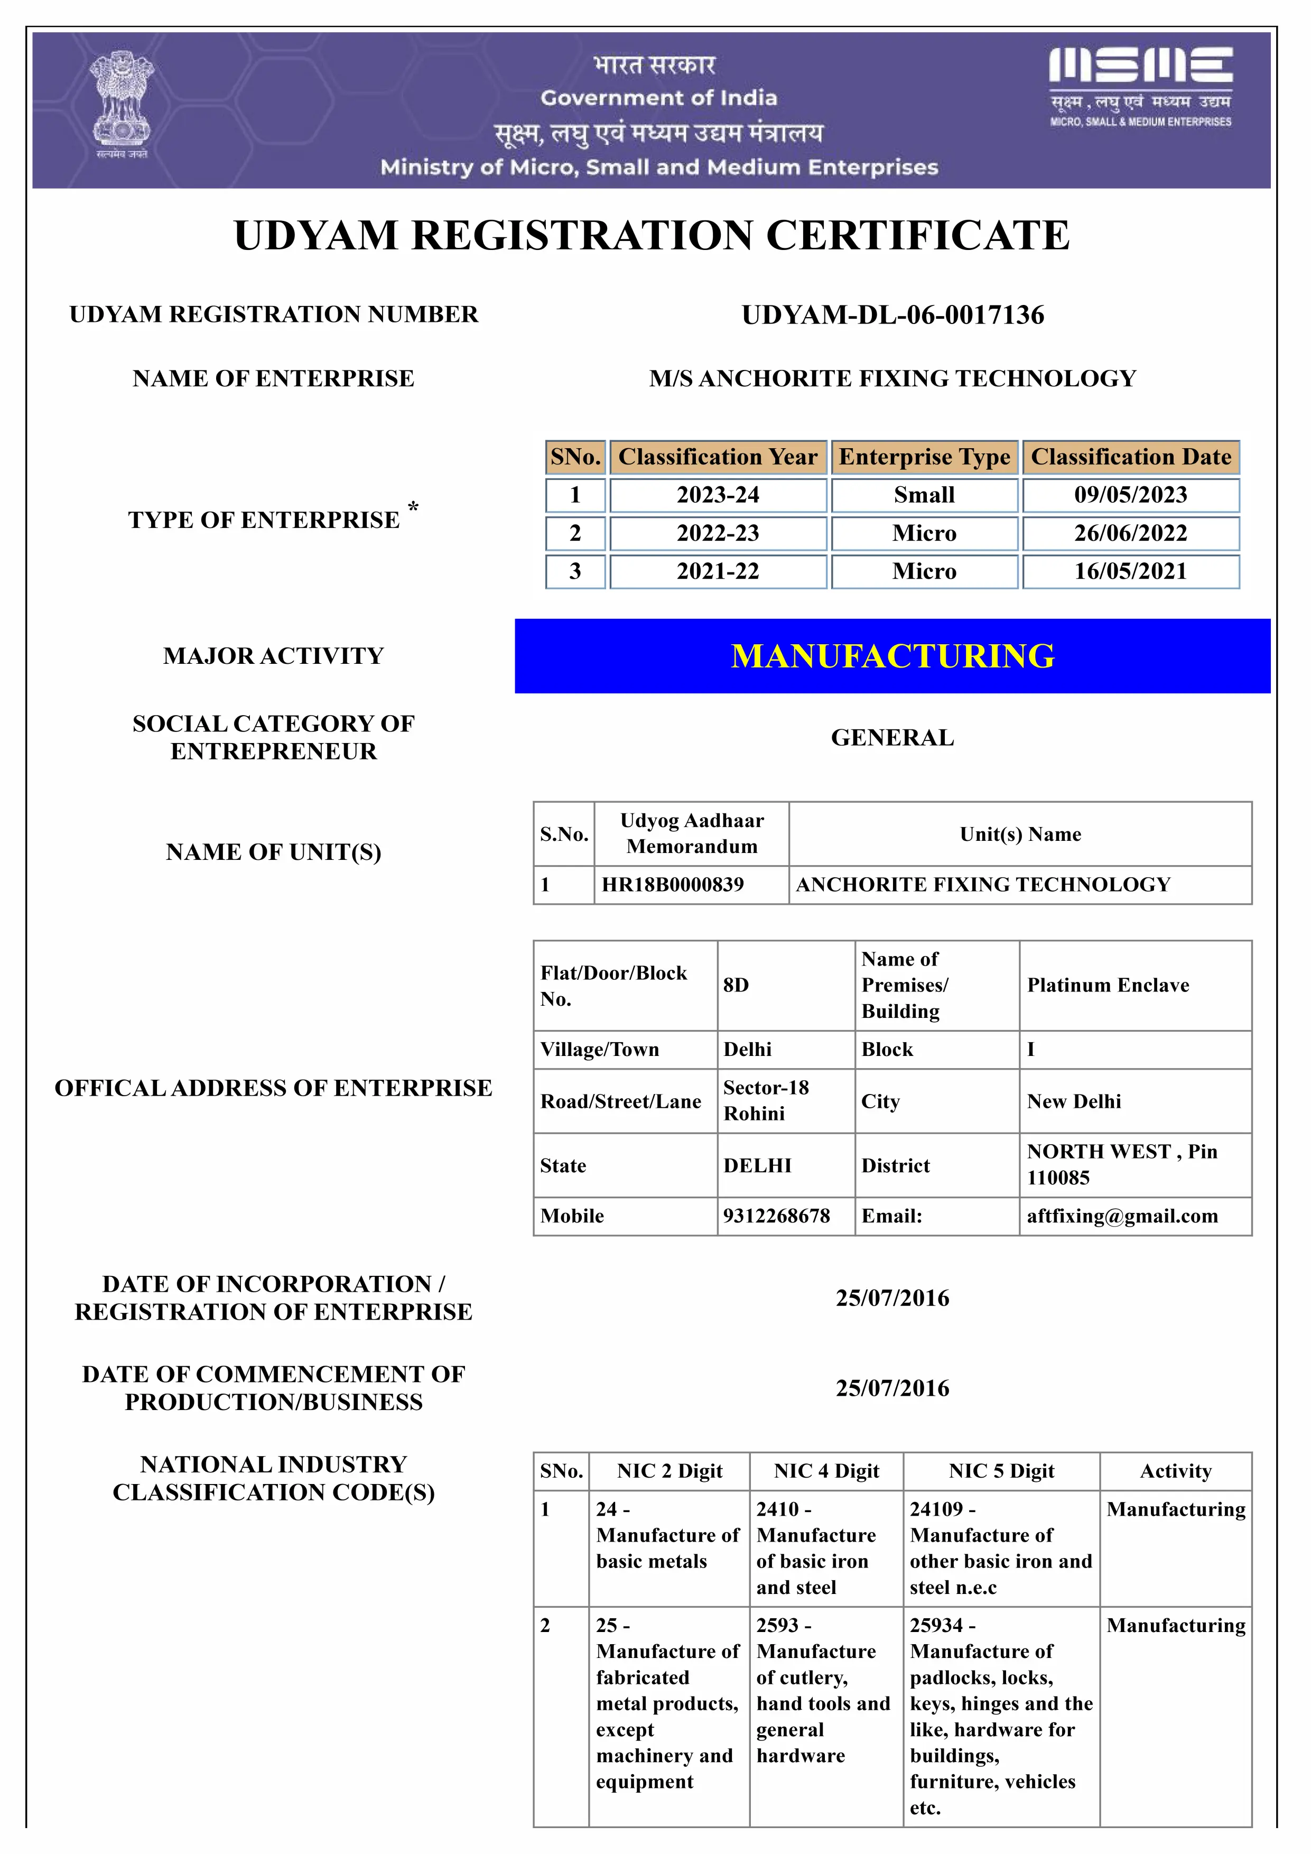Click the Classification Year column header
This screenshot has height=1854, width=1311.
[x=718, y=457]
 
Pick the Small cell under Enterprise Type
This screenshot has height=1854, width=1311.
[x=924, y=495]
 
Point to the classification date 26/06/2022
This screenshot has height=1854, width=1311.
[x=1130, y=533]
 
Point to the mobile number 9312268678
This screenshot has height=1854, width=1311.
[x=777, y=1216]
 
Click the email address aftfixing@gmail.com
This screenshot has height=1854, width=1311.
[x=1122, y=1216]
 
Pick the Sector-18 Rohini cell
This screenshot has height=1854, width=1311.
[x=766, y=1100]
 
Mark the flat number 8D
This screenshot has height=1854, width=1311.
[x=736, y=985]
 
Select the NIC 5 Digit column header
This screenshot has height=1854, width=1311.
[x=1001, y=1471]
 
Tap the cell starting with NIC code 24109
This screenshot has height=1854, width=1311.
[x=1000, y=1548]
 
